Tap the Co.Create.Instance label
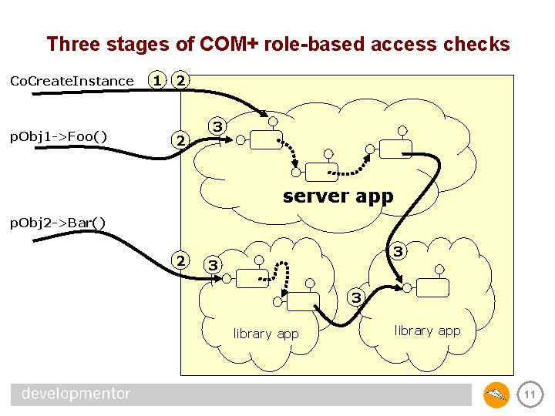click(x=71, y=81)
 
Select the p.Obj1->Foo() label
click(x=58, y=137)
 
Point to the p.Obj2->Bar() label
click(x=57, y=223)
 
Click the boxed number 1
click(x=157, y=80)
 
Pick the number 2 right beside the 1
click(x=180, y=80)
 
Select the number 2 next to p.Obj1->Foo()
click(x=180, y=140)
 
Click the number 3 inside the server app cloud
click(x=218, y=126)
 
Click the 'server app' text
click(x=338, y=196)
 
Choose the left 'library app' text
click(x=266, y=334)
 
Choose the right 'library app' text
click(x=427, y=330)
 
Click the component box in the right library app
click(x=433, y=288)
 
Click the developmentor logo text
click(x=76, y=394)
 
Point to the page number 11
click(x=530, y=394)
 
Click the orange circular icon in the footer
click(x=496, y=395)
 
